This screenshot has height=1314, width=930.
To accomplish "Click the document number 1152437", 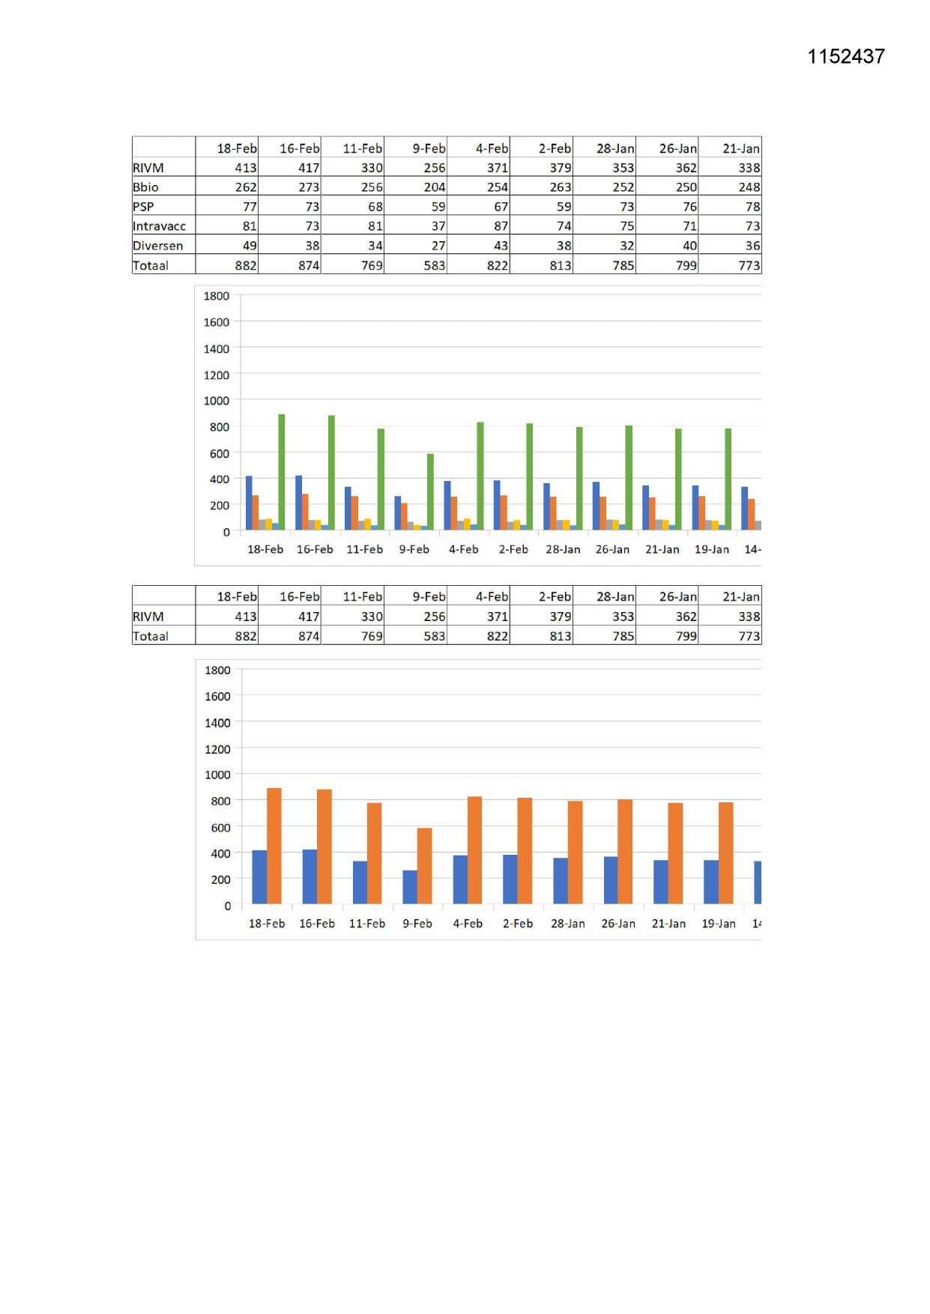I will tap(845, 57).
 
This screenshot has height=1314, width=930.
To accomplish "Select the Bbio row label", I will tap(146, 187).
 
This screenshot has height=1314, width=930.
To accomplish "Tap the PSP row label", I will tap(143, 207).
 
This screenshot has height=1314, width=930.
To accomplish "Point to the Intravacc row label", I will tap(159, 226).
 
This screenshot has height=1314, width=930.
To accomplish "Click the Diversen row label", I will tap(157, 246).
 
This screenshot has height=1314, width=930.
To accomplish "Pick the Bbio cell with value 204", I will tap(434, 187).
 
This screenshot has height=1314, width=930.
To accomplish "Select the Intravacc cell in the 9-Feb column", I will tap(438, 226).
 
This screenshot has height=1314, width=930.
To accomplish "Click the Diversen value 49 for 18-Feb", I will tap(249, 246).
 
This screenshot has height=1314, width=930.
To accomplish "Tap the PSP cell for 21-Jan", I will tap(752, 207).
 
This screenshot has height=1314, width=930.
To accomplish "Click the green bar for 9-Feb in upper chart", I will tap(430, 491).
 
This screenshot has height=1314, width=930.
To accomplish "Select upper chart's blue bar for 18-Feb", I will tap(249, 503).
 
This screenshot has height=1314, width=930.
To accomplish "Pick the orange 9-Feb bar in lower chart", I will tap(424, 865).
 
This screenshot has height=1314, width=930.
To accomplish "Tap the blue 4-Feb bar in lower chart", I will tap(460, 879).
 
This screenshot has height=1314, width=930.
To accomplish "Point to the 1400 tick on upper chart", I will tap(217, 348).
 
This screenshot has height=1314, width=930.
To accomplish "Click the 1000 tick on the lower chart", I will tap(217, 775).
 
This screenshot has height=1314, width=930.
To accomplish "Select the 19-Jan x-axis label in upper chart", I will tap(711, 549).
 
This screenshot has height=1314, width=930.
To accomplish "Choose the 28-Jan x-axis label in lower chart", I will tap(567, 924).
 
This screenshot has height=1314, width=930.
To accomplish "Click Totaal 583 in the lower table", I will tap(434, 636).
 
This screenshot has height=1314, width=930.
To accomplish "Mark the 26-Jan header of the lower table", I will tap(677, 596).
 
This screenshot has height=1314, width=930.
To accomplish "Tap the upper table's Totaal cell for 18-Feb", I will tap(245, 265).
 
